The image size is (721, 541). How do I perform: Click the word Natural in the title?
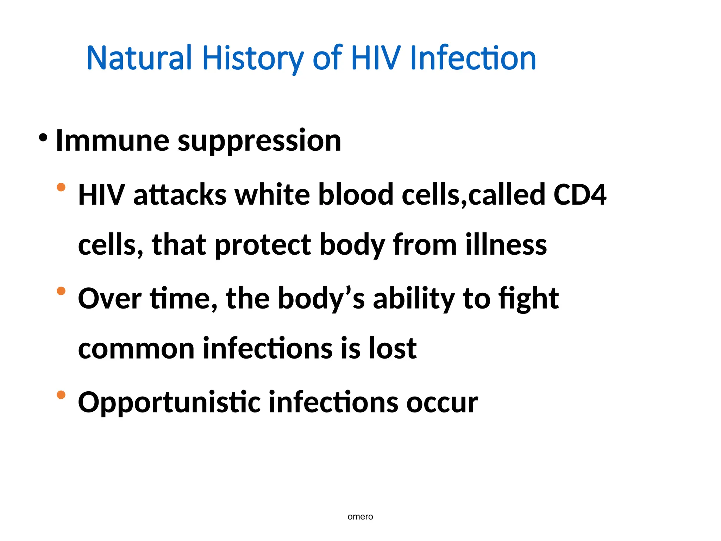[139, 58]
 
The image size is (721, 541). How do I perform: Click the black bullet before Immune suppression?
[43, 138]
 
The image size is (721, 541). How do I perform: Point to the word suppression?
[259, 141]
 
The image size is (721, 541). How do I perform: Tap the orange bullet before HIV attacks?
[61, 187]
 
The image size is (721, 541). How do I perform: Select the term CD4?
[580, 194]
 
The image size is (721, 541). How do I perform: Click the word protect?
[263, 245]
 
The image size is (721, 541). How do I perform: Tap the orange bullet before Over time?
[61, 291]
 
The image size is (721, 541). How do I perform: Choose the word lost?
[393, 348]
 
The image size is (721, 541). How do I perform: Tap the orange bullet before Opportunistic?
[61, 395]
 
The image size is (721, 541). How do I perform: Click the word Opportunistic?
[169, 403]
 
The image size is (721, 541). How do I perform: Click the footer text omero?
[360, 517]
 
